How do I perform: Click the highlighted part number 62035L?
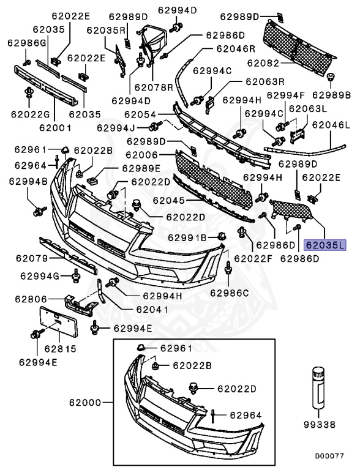pyautogui.click(x=325, y=245)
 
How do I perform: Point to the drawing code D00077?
pyautogui.click(x=330, y=456)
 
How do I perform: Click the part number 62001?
pyautogui.click(x=55, y=128)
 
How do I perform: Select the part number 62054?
pyautogui.click(x=139, y=115)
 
